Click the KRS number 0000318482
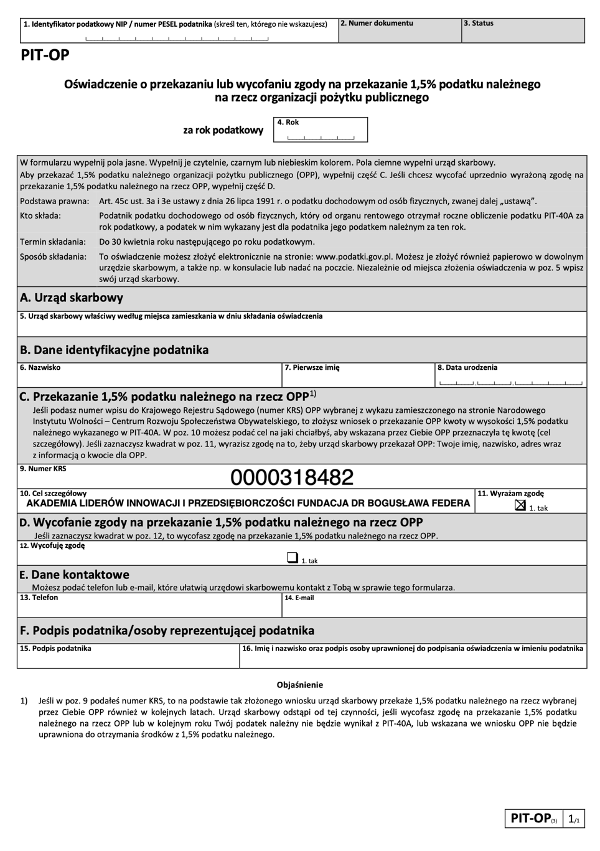coord(292,477)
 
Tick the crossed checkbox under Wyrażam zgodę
coord(520,505)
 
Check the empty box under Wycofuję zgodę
coord(292,558)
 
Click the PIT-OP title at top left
coord(45,55)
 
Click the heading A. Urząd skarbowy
coord(72,298)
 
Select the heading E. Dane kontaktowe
coord(74,575)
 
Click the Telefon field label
coord(39,598)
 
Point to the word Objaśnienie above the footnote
coord(300,685)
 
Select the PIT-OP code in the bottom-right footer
coord(530,818)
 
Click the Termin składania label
coord(53,242)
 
